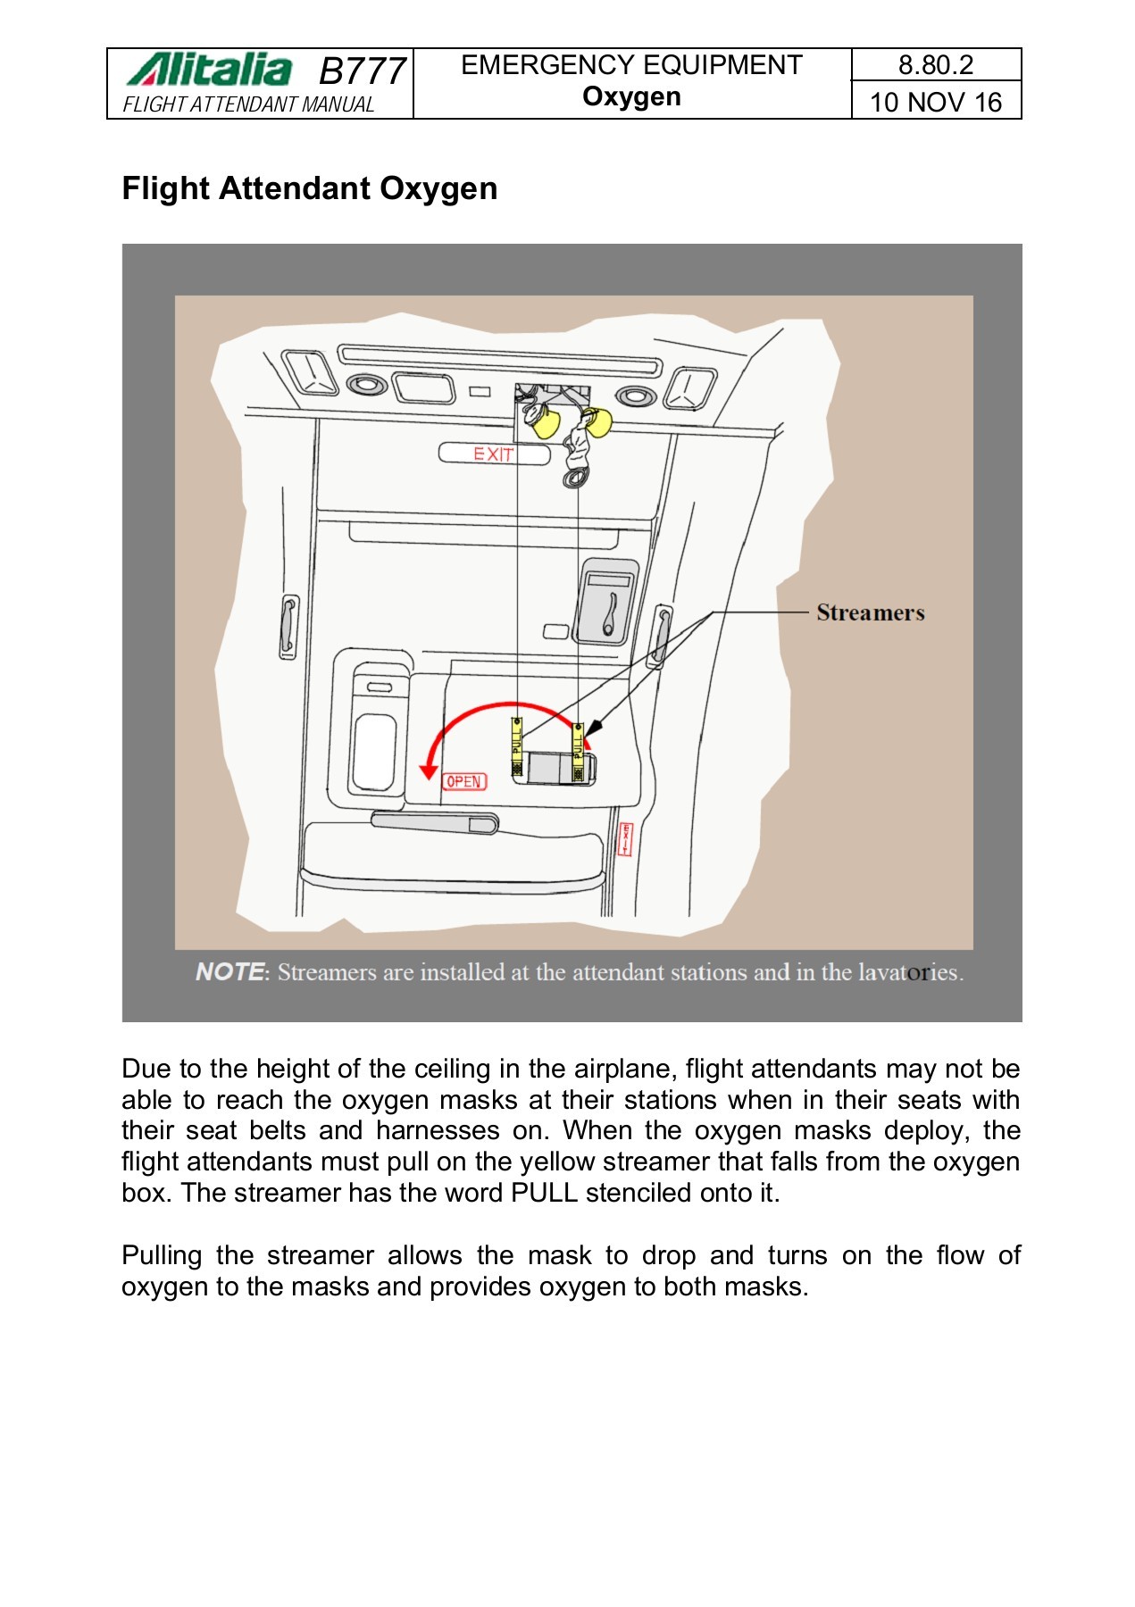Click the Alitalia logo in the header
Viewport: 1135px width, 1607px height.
click(209, 70)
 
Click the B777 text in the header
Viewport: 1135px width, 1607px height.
click(363, 71)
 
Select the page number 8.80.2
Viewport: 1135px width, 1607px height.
click(936, 65)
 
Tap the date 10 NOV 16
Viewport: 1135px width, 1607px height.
click(936, 102)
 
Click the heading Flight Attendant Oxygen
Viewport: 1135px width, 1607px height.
click(310, 188)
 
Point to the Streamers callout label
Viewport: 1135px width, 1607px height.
click(871, 612)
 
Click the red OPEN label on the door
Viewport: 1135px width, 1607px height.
click(464, 781)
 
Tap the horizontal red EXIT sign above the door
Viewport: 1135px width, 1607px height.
click(494, 454)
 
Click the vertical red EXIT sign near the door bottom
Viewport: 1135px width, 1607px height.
click(626, 839)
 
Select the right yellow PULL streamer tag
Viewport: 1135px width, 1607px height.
click(578, 752)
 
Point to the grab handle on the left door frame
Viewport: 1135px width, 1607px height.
click(288, 627)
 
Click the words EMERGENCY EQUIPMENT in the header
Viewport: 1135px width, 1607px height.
click(632, 65)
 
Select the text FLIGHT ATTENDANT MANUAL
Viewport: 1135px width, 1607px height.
click(249, 104)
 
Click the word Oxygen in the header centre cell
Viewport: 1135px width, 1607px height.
click(632, 97)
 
